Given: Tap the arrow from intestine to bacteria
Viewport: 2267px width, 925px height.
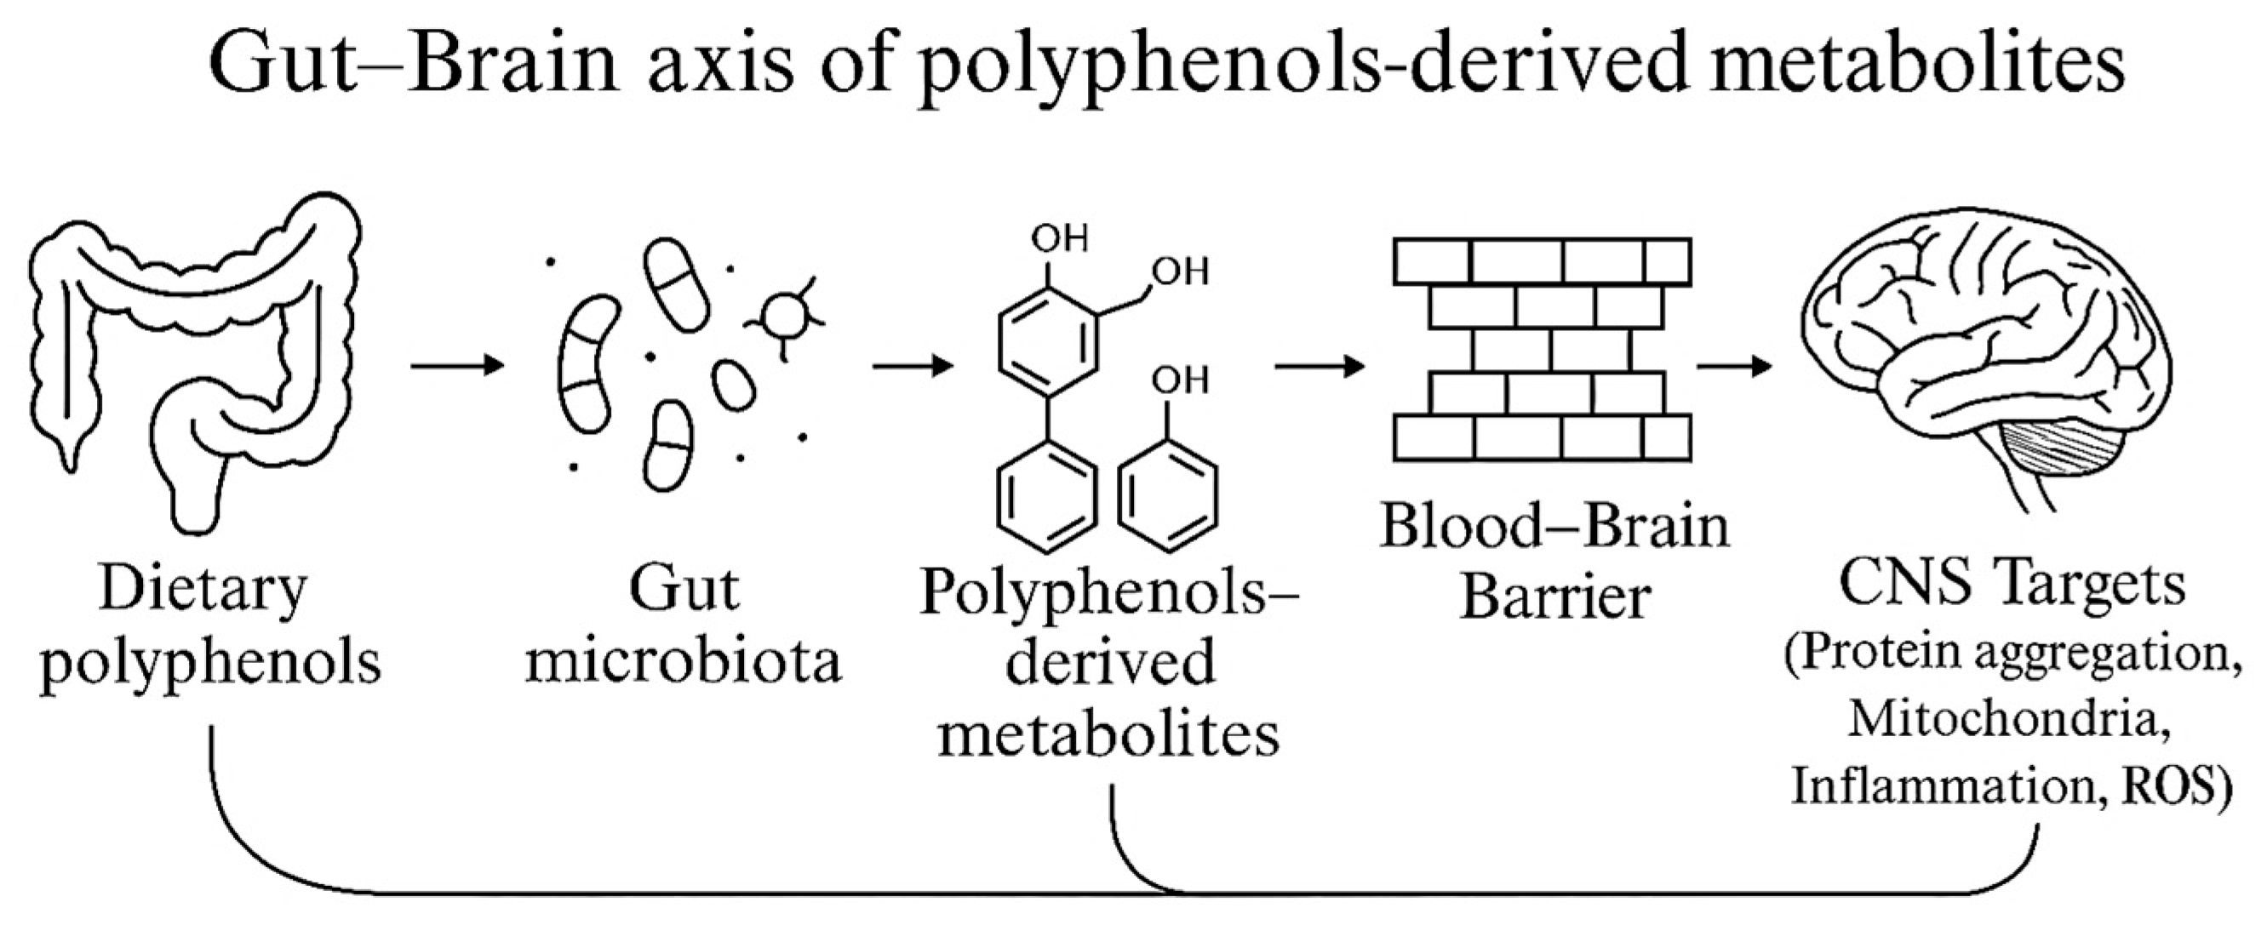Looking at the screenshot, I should pos(458,364).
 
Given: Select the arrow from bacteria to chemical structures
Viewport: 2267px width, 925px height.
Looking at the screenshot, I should pos(913,364).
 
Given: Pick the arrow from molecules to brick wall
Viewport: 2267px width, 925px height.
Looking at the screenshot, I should pos(1320,364).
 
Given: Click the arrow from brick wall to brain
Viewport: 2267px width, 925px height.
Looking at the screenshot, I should pos(1734,364).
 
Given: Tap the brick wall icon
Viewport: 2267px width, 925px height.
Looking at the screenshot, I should pos(1542,349).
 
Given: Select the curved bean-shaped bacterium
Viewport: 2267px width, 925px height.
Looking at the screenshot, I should pos(586,364).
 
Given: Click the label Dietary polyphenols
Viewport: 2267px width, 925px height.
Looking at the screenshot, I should pos(210,624).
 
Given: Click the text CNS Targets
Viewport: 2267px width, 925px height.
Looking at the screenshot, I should pos(2012,585).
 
